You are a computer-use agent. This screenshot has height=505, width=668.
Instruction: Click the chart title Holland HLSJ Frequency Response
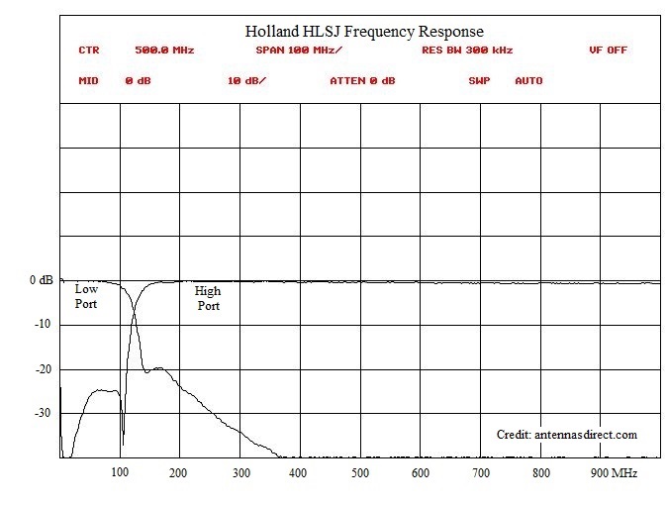pos(364,32)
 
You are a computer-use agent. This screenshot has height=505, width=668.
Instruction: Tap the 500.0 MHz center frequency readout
pos(163,50)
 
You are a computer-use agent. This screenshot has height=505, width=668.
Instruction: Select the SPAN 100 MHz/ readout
pos(299,50)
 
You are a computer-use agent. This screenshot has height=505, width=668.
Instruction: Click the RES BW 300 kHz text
pos(466,50)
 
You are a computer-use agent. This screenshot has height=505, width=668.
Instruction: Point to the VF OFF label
pos(608,50)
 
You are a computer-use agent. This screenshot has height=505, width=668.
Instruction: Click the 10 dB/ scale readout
pos(246,81)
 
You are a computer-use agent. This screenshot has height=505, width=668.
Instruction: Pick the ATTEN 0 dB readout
pos(362,81)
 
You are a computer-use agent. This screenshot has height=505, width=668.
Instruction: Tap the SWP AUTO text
pos(505,81)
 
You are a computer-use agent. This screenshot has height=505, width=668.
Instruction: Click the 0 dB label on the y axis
pos(40,281)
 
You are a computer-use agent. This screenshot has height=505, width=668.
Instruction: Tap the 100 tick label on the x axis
pos(120,473)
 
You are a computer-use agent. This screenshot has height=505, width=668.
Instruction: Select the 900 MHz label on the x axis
pos(613,473)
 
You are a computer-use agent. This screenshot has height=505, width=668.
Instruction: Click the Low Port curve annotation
pos(87,296)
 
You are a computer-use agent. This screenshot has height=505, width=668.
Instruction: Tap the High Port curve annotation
pos(208,298)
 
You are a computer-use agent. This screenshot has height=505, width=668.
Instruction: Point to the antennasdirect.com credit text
pos(567,435)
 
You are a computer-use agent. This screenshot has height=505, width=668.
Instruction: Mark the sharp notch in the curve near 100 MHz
pos(123,436)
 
